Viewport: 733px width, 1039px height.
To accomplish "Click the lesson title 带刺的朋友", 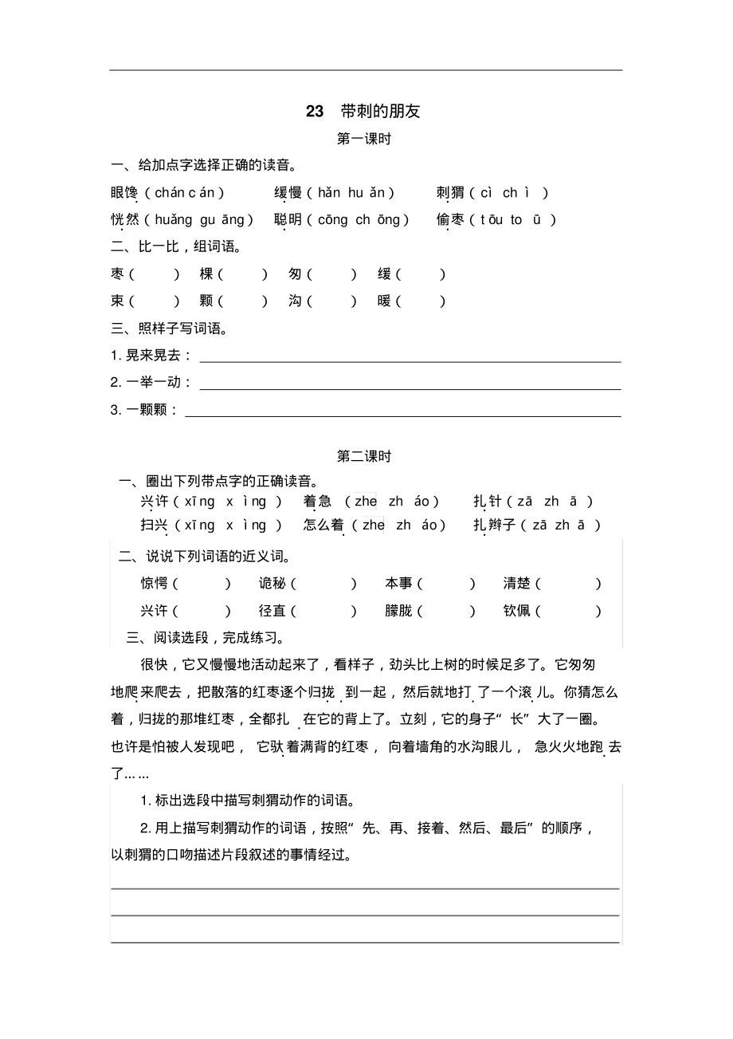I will pos(380,112).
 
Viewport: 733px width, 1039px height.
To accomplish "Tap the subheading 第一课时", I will pos(365,139).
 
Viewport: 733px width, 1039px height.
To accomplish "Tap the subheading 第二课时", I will pos(365,456).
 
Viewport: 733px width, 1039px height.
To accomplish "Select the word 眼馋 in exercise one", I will pos(125,193).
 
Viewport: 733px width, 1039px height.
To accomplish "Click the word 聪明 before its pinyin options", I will pos(288,220).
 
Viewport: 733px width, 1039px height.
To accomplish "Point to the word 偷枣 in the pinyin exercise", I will pos(450,220).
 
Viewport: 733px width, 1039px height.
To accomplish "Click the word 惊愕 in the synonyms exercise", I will pos(155,584).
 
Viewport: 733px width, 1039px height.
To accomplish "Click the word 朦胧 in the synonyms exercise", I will pos(398,612).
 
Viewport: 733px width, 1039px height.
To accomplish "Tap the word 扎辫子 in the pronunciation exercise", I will pos(493,525).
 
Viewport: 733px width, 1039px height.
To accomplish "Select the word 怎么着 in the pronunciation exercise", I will pos(323,525).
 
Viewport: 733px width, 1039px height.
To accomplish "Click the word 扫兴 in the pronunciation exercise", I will pos(155,525).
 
